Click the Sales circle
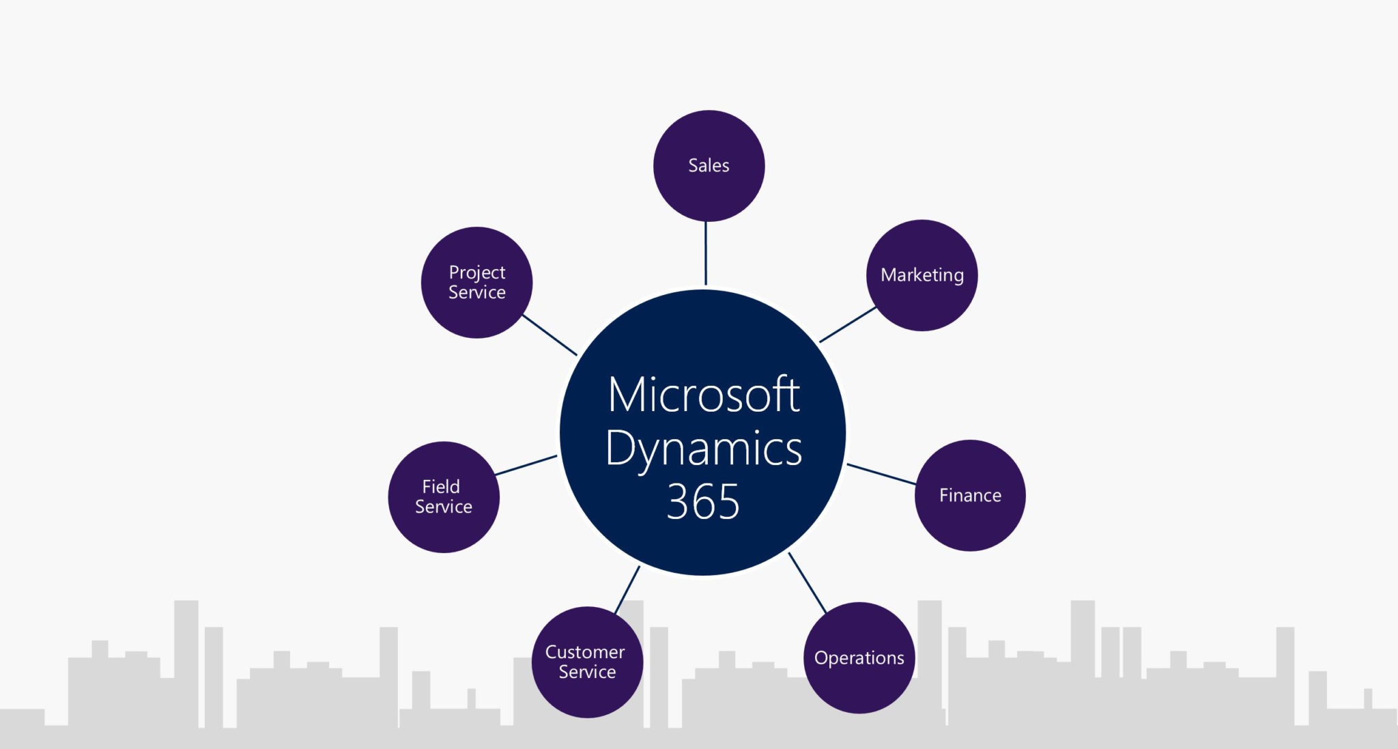[x=709, y=166]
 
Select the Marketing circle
[x=922, y=275]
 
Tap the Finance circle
[x=970, y=495]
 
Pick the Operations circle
[x=859, y=658]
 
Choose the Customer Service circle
[x=587, y=662]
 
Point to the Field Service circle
[x=444, y=496]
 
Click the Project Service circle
[x=476, y=282]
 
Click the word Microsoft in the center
[x=703, y=395]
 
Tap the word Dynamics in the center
[x=703, y=449]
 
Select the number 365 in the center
[x=703, y=502]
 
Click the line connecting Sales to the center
[x=706, y=253]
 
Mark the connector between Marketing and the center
[x=848, y=324]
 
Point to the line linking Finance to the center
[x=881, y=474]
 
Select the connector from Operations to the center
[x=808, y=582]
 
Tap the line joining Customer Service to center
[x=627, y=589]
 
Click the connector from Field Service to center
[x=526, y=465]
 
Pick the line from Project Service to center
[x=550, y=335]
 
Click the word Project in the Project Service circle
[x=476, y=272]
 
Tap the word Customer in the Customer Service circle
[x=585, y=652]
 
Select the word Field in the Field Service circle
[x=441, y=487]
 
